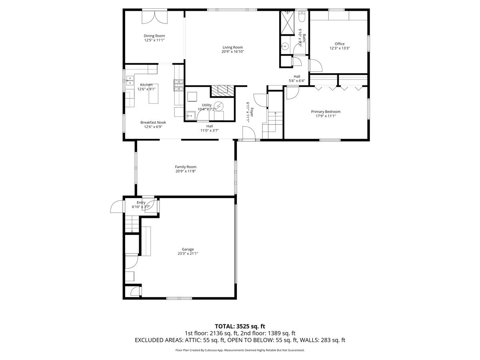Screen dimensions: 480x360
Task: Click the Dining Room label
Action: click(154, 36)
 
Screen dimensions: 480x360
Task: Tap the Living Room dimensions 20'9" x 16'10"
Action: click(233, 52)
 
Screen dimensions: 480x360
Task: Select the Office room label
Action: click(340, 44)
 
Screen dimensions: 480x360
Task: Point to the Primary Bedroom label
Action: click(326, 112)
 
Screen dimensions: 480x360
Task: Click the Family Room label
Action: click(186, 167)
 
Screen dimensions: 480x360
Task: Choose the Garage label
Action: click(188, 249)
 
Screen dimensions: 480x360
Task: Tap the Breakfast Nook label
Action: click(153, 122)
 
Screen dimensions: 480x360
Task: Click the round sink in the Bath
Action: click(285, 46)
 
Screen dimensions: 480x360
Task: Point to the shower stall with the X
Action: click(287, 23)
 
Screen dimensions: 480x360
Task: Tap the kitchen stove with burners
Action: click(178, 85)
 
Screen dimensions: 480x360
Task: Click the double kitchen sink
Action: click(130, 80)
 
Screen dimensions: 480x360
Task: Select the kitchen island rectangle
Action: click(153, 94)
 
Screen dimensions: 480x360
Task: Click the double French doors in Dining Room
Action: click(155, 17)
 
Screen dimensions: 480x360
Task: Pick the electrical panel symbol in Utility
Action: click(218, 106)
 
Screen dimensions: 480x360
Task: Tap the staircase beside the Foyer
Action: click(272, 125)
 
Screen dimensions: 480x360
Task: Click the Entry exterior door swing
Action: click(116, 206)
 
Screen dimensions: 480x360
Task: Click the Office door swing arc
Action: click(316, 65)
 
